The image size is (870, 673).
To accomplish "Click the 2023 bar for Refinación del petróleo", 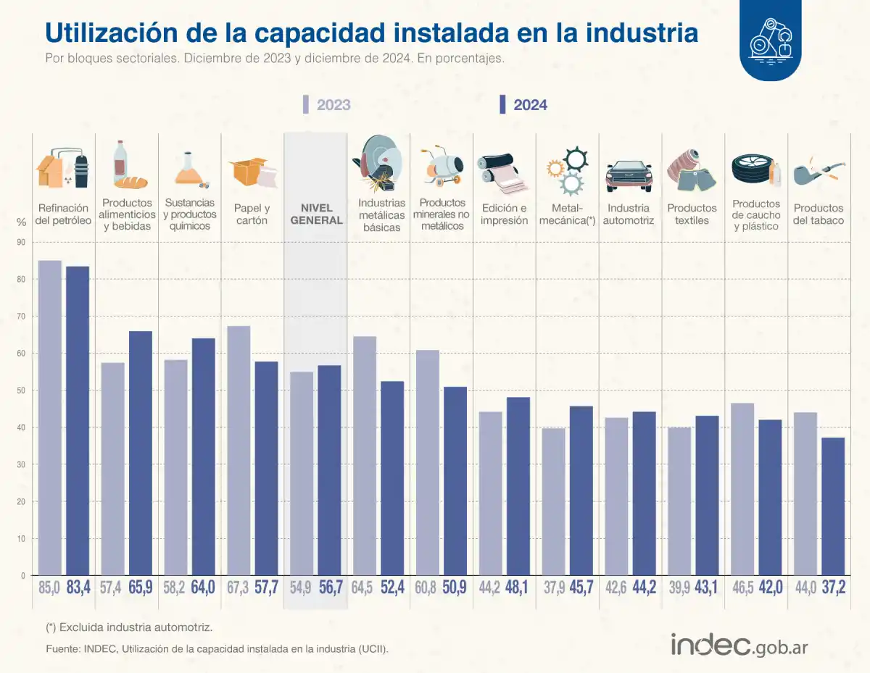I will point(49,417).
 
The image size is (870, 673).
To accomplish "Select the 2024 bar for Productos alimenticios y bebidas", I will point(141,453).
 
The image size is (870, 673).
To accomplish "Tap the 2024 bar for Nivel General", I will point(330,469).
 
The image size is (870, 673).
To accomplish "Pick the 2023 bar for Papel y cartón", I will point(239,450).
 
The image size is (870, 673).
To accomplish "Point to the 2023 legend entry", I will point(327,105).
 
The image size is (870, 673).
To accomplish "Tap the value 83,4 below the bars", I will point(78,588).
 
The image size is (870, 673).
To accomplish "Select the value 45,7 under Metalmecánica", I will point(581,588).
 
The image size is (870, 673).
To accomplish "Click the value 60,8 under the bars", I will point(426,588).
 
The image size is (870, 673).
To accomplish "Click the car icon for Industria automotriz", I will point(629,174).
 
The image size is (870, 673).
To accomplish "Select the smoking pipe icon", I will point(818,171).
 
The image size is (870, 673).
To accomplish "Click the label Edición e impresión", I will point(504,214).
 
